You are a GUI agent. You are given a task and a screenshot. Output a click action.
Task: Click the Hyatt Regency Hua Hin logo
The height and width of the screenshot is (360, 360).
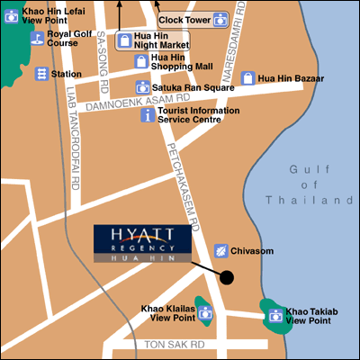tap(142, 243)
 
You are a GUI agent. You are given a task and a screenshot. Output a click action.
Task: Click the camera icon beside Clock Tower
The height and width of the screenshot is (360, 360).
tap(219, 19)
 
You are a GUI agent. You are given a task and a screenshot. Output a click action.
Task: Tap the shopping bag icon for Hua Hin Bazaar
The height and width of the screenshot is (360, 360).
tap(247, 78)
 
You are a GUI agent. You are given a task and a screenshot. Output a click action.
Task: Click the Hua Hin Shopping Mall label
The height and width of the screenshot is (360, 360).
tap(173, 63)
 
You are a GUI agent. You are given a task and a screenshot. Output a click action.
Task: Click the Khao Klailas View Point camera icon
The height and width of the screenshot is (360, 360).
tap(204, 313)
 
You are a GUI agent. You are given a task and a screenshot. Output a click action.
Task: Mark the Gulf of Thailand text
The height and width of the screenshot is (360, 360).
tap(314, 184)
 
